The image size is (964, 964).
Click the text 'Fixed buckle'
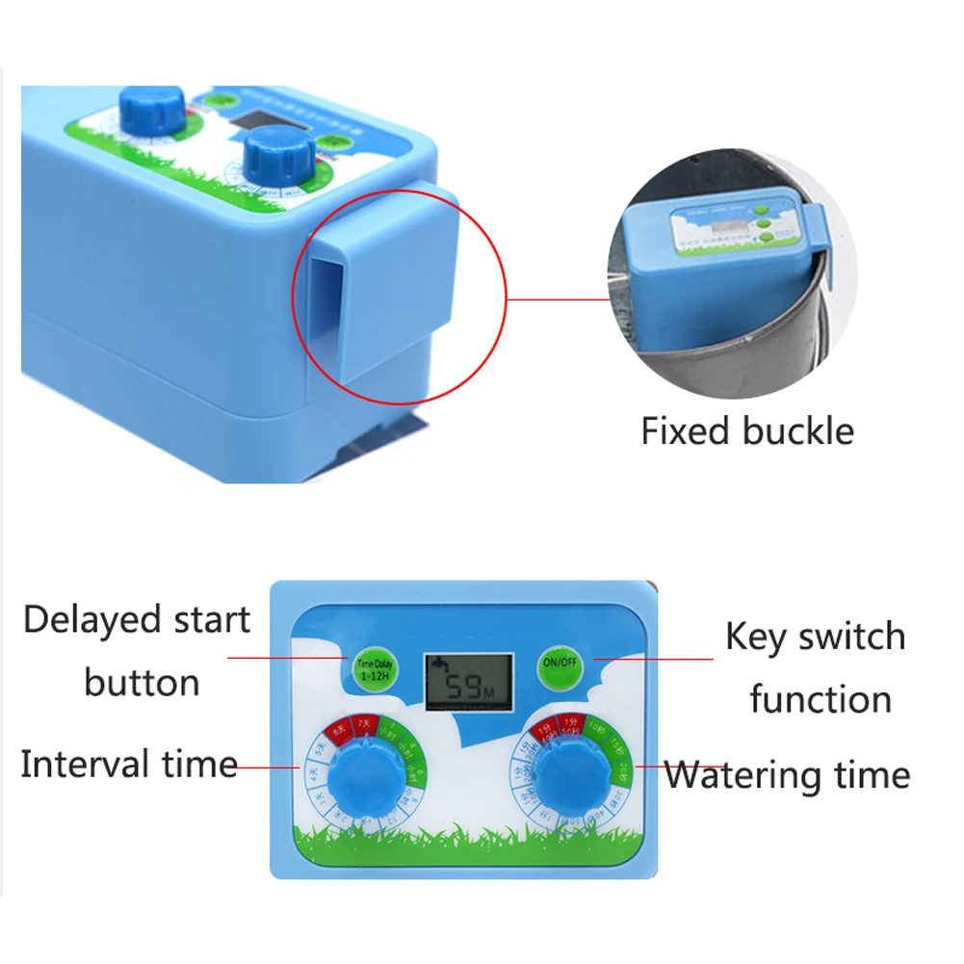747,430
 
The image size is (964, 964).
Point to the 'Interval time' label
129,765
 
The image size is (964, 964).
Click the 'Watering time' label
787,774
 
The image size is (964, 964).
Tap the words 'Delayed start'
137,620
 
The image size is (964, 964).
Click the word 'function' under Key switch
821,698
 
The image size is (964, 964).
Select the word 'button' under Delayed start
142,682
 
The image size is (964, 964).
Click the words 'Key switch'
815,637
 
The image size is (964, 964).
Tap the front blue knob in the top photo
274,155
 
